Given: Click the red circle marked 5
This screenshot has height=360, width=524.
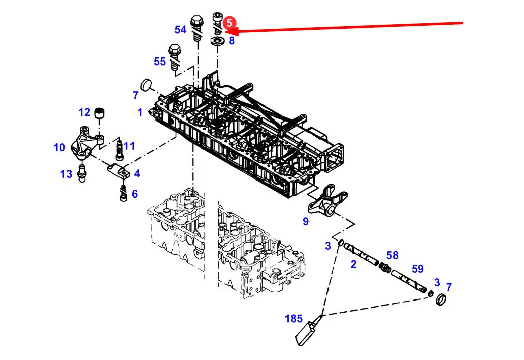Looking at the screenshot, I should pyautogui.click(x=229, y=23).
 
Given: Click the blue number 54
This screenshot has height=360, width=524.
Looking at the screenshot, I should pyautogui.click(x=181, y=30).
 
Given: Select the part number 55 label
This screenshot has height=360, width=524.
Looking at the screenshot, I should pyautogui.click(x=160, y=62).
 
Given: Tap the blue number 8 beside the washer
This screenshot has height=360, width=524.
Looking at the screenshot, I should pyautogui.click(x=232, y=41).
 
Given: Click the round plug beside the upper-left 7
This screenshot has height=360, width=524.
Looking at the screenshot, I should pyautogui.click(x=146, y=84).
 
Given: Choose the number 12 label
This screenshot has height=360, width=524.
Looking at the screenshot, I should pyautogui.click(x=84, y=112).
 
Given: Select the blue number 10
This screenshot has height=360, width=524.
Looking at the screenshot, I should pyautogui.click(x=60, y=148).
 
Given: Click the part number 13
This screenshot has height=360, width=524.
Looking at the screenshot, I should pyautogui.click(x=66, y=174).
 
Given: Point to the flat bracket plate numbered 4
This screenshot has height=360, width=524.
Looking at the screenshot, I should pyautogui.click(x=119, y=171).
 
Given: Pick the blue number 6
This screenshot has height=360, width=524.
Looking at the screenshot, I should pyautogui.click(x=135, y=194).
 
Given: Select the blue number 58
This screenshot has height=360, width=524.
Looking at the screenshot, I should pyautogui.click(x=392, y=255).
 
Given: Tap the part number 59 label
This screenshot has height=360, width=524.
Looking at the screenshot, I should pyautogui.click(x=418, y=269).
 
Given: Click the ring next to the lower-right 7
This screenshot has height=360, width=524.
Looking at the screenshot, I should pyautogui.click(x=441, y=299).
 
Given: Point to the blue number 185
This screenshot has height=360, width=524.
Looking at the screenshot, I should pyautogui.click(x=294, y=319).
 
